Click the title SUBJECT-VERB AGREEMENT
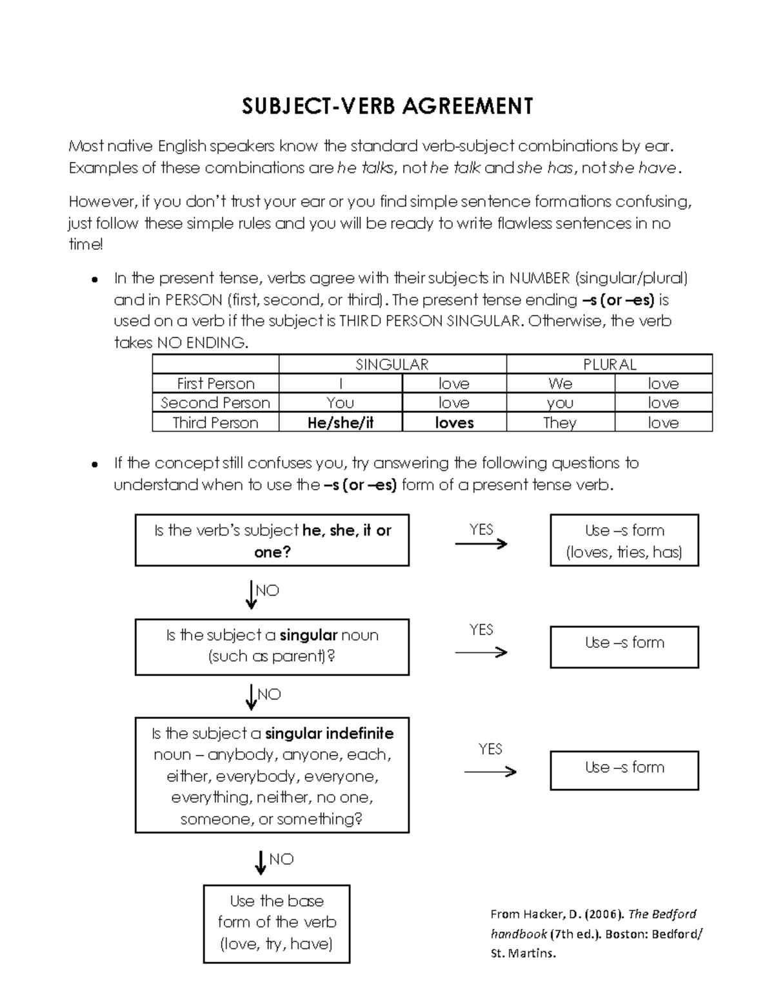click(387, 106)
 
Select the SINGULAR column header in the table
click(392, 365)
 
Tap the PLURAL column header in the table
click(609, 365)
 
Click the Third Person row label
click(215, 423)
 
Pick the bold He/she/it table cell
click(341, 423)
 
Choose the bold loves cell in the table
click(454, 423)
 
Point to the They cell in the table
click(560, 423)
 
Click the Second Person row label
click(215, 403)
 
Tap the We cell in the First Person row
click(560, 383)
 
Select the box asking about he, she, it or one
click(272, 541)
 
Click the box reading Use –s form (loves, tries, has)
click(624, 541)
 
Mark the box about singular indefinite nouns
click(272, 776)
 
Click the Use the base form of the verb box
click(276, 923)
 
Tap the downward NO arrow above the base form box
click(261, 862)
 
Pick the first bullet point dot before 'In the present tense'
click(94, 279)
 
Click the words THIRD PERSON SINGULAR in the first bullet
click(429, 321)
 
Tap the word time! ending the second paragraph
click(85, 245)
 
